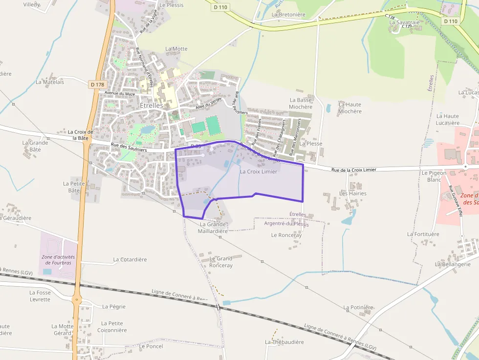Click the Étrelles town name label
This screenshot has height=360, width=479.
(x=152, y=106)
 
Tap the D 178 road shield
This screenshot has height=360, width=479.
(x=97, y=85)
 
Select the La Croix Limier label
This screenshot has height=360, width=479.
(x=259, y=171)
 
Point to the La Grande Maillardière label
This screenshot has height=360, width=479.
(x=213, y=228)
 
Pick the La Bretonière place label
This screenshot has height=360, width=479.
(x=288, y=15)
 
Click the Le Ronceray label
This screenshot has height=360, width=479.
(x=286, y=235)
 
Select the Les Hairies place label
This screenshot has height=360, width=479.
(x=353, y=193)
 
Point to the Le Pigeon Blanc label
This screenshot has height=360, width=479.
(x=431, y=176)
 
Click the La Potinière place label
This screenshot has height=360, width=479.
(x=358, y=307)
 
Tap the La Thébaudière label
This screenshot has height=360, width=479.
(x=284, y=342)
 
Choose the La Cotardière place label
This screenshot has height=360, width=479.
(x=130, y=259)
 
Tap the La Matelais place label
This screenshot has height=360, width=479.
(x=50, y=82)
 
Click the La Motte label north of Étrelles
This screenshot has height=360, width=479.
(x=176, y=49)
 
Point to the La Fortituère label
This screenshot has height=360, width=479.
(x=423, y=234)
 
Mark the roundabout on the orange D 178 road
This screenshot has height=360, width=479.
(x=77, y=299)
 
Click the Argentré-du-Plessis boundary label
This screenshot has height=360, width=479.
(x=286, y=224)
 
